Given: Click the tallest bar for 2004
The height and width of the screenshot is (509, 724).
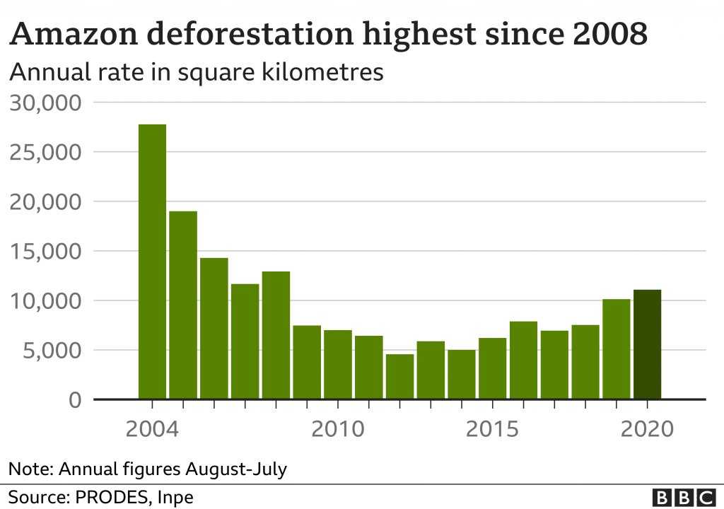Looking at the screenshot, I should coord(152,262).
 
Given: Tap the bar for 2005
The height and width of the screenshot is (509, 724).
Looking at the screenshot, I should coord(183,305).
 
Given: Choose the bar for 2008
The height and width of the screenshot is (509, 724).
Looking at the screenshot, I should coord(276,335).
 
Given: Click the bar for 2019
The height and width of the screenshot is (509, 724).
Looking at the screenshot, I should coord(616,349).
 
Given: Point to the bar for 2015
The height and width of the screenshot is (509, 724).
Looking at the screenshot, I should coord(492,368).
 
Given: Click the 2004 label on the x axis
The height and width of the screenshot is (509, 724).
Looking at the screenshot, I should coord(151,428).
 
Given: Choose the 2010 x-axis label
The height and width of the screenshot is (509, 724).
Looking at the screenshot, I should coord(337,428).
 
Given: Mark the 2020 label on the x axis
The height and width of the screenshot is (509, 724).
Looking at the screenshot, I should coord(647,428).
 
